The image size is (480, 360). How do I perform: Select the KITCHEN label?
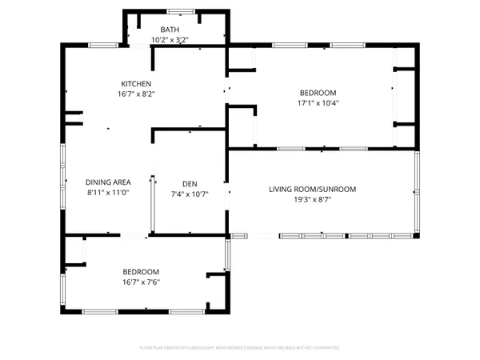tap(136, 84)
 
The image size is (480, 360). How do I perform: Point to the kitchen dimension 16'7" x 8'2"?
tap(136, 94)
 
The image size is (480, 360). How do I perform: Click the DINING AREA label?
tap(108, 182)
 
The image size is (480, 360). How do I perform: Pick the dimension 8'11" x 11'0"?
tap(108, 193)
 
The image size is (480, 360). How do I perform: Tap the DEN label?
tap(190, 182)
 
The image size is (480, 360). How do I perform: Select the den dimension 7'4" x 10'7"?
tap(190, 193)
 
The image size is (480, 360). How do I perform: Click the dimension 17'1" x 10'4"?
tap(318, 102)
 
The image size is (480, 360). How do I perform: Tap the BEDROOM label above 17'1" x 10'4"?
tap(318, 93)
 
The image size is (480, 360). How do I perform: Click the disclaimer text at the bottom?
tap(240, 348)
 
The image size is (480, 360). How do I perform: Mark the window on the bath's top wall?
tap(180, 11)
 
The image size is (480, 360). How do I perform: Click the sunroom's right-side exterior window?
tap(416, 192)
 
